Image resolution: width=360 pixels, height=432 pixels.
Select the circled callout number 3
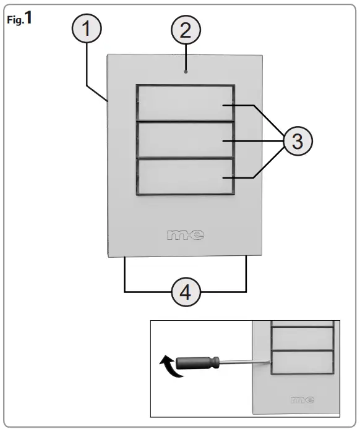(298, 142)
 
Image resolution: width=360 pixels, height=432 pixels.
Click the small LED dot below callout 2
(185, 72)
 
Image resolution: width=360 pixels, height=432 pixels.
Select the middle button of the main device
(185, 141)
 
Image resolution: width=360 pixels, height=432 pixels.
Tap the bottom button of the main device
(185, 177)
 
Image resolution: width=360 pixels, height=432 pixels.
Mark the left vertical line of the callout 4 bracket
(126, 273)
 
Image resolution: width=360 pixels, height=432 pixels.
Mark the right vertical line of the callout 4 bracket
(247, 273)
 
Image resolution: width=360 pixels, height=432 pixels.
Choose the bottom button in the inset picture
(302, 363)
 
